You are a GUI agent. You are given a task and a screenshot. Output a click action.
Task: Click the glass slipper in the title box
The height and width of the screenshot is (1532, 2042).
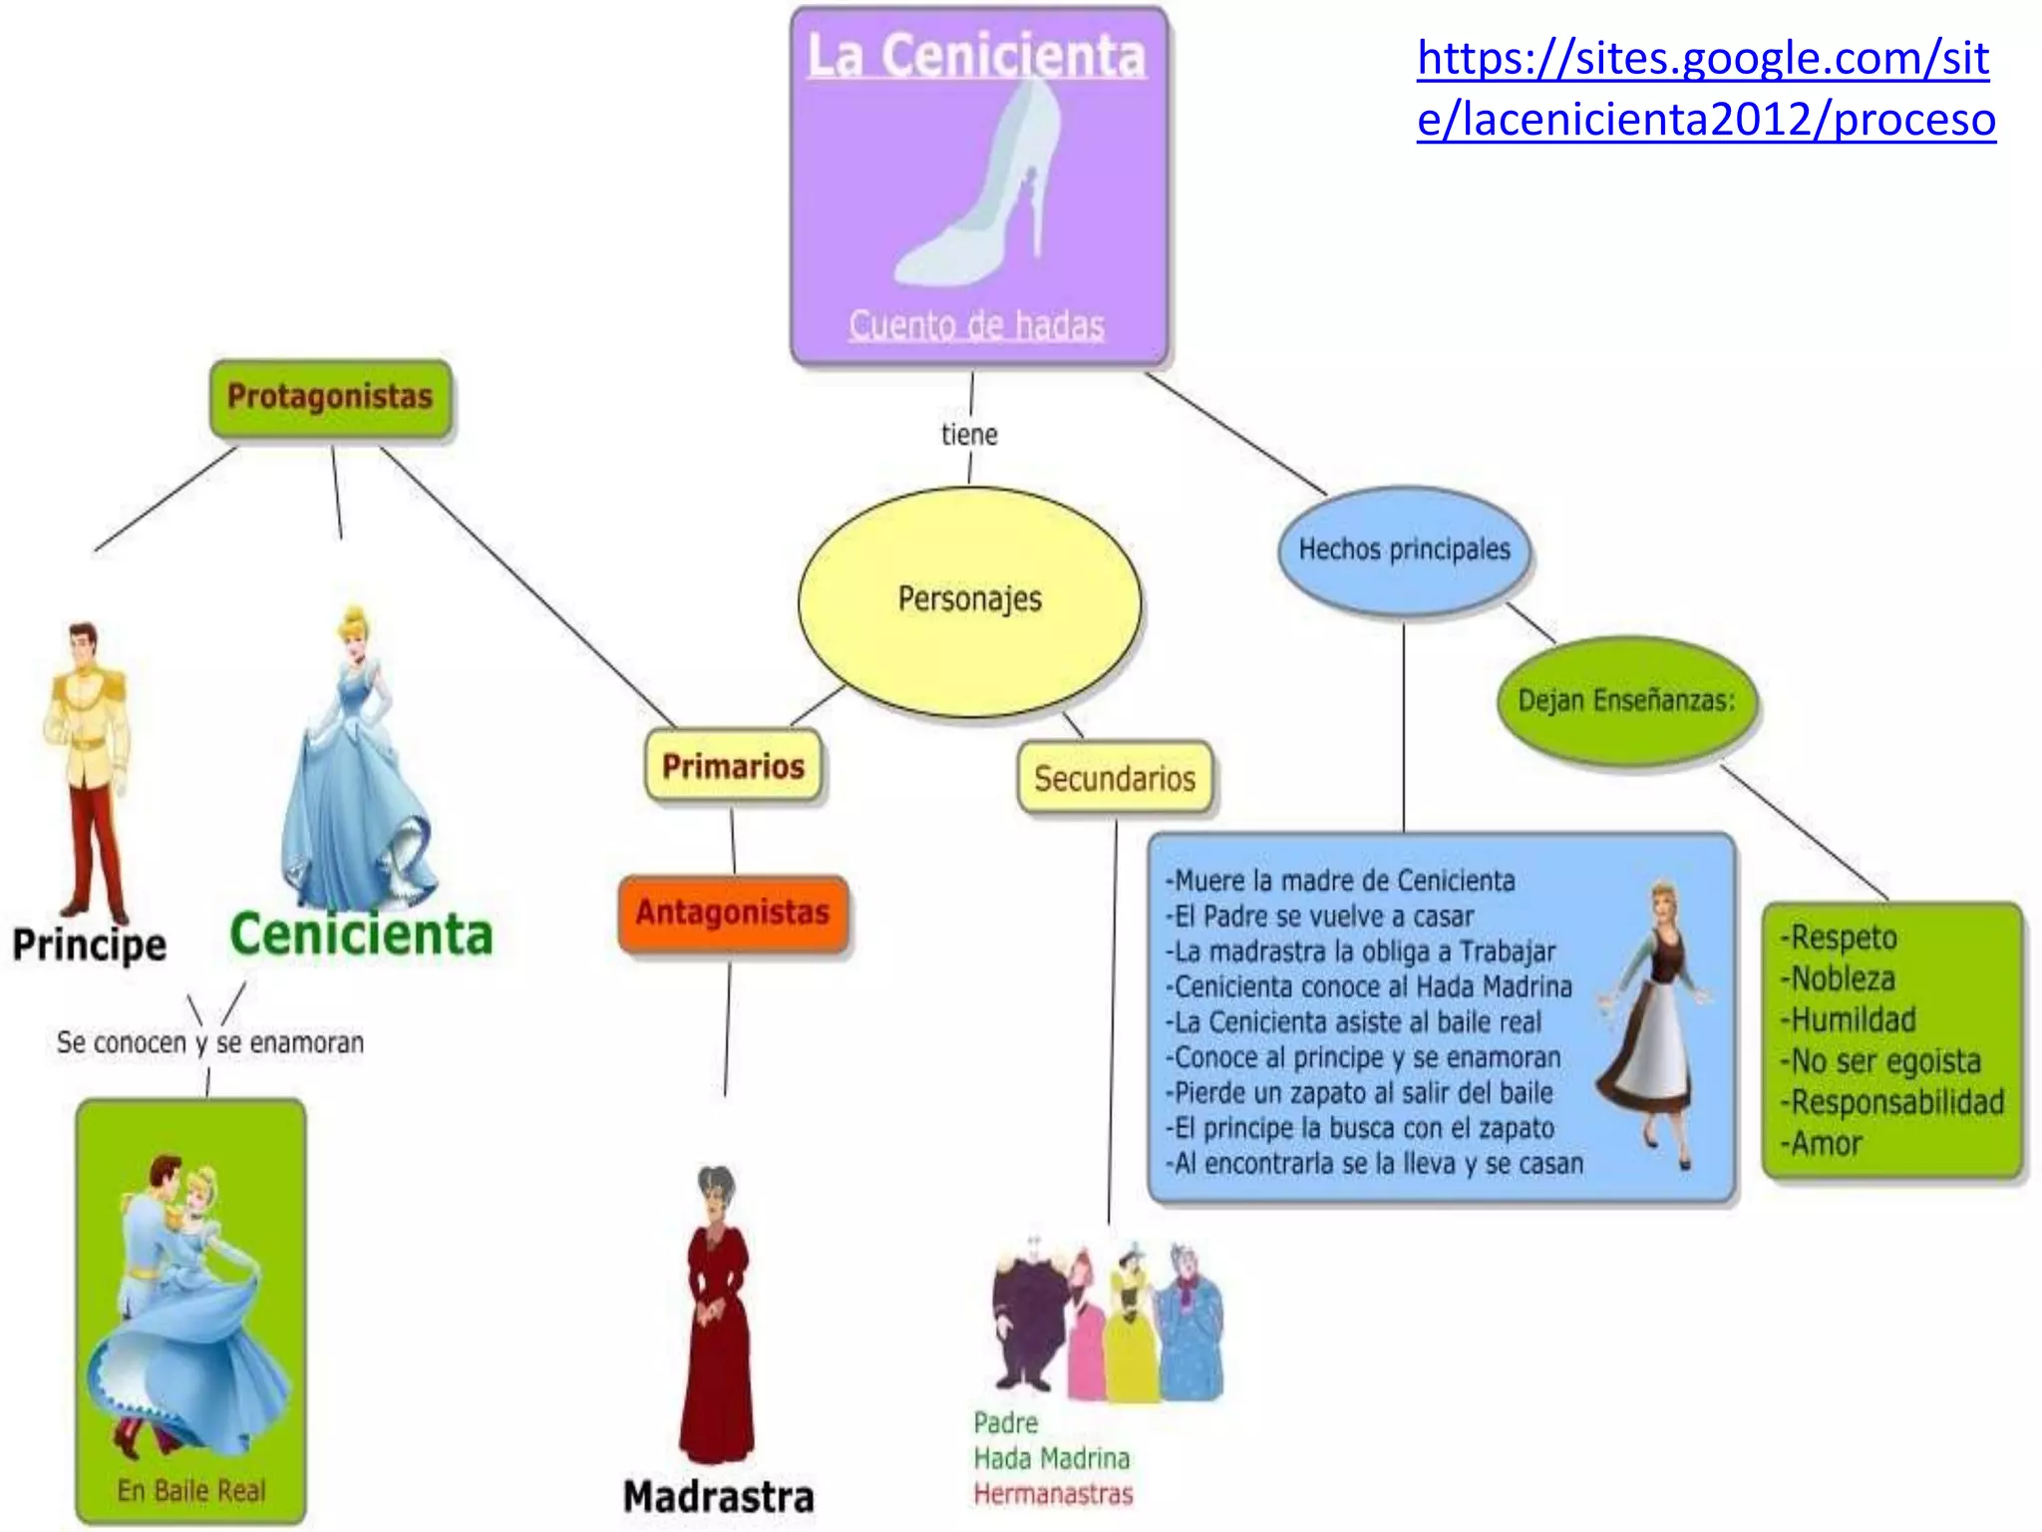(982, 190)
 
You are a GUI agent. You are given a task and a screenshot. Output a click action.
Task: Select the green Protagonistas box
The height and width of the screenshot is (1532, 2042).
(330, 397)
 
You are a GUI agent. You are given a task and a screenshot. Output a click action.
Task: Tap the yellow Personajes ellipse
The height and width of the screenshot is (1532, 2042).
(969, 599)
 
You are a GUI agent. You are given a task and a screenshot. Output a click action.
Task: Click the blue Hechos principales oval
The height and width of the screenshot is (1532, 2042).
(1404, 550)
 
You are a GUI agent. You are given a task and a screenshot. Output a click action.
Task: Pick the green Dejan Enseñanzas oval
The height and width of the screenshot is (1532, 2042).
(1626, 700)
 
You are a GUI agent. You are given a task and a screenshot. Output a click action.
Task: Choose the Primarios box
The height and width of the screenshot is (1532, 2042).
(734, 766)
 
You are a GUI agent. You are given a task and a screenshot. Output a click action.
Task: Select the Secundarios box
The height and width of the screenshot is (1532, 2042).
(1114, 778)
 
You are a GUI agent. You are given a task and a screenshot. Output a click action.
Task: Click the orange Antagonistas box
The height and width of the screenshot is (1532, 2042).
(733, 913)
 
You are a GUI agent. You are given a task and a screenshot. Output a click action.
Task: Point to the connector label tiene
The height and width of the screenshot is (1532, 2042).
(969, 434)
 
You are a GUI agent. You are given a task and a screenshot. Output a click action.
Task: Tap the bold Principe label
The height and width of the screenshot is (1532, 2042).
(90, 945)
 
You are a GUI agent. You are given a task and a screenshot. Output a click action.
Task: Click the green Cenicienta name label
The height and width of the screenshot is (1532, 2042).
(361, 936)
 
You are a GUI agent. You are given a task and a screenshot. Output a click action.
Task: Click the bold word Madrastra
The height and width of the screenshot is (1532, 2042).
(718, 1496)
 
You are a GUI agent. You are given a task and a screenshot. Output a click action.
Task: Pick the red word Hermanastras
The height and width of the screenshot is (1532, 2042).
(1053, 1493)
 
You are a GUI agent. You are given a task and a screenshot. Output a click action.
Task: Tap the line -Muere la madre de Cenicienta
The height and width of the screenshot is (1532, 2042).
(1340, 881)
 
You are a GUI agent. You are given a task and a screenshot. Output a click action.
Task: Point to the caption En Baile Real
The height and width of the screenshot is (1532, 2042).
(191, 1490)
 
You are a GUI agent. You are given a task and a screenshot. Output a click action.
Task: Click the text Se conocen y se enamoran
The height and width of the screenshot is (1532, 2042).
(209, 1042)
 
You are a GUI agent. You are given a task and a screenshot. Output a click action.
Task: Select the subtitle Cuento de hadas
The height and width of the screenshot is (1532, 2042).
(976, 325)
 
